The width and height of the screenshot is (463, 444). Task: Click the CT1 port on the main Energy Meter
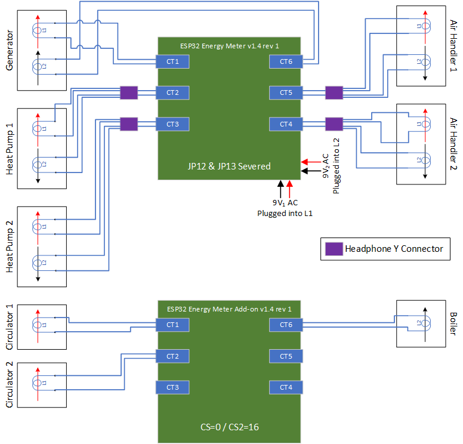(172, 61)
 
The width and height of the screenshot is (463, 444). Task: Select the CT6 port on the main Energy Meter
(286, 61)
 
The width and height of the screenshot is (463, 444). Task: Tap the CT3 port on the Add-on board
(172, 387)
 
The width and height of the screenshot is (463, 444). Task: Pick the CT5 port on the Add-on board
(286, 356)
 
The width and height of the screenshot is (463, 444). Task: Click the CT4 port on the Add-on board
(286, 387)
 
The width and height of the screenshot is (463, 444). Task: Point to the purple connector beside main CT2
(129, 92)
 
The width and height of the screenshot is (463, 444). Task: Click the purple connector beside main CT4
(334, 124)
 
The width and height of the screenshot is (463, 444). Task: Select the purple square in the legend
(332, 248)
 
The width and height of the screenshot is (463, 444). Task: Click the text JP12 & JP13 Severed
(230, 166)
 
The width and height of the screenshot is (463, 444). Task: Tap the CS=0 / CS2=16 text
(230, 427)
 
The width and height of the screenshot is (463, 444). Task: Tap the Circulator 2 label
(9, 385)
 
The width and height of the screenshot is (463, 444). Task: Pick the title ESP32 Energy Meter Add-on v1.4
(230, 309)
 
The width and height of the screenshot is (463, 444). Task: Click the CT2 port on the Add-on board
(172, 356)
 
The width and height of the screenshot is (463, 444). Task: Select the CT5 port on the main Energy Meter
(286, 92)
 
